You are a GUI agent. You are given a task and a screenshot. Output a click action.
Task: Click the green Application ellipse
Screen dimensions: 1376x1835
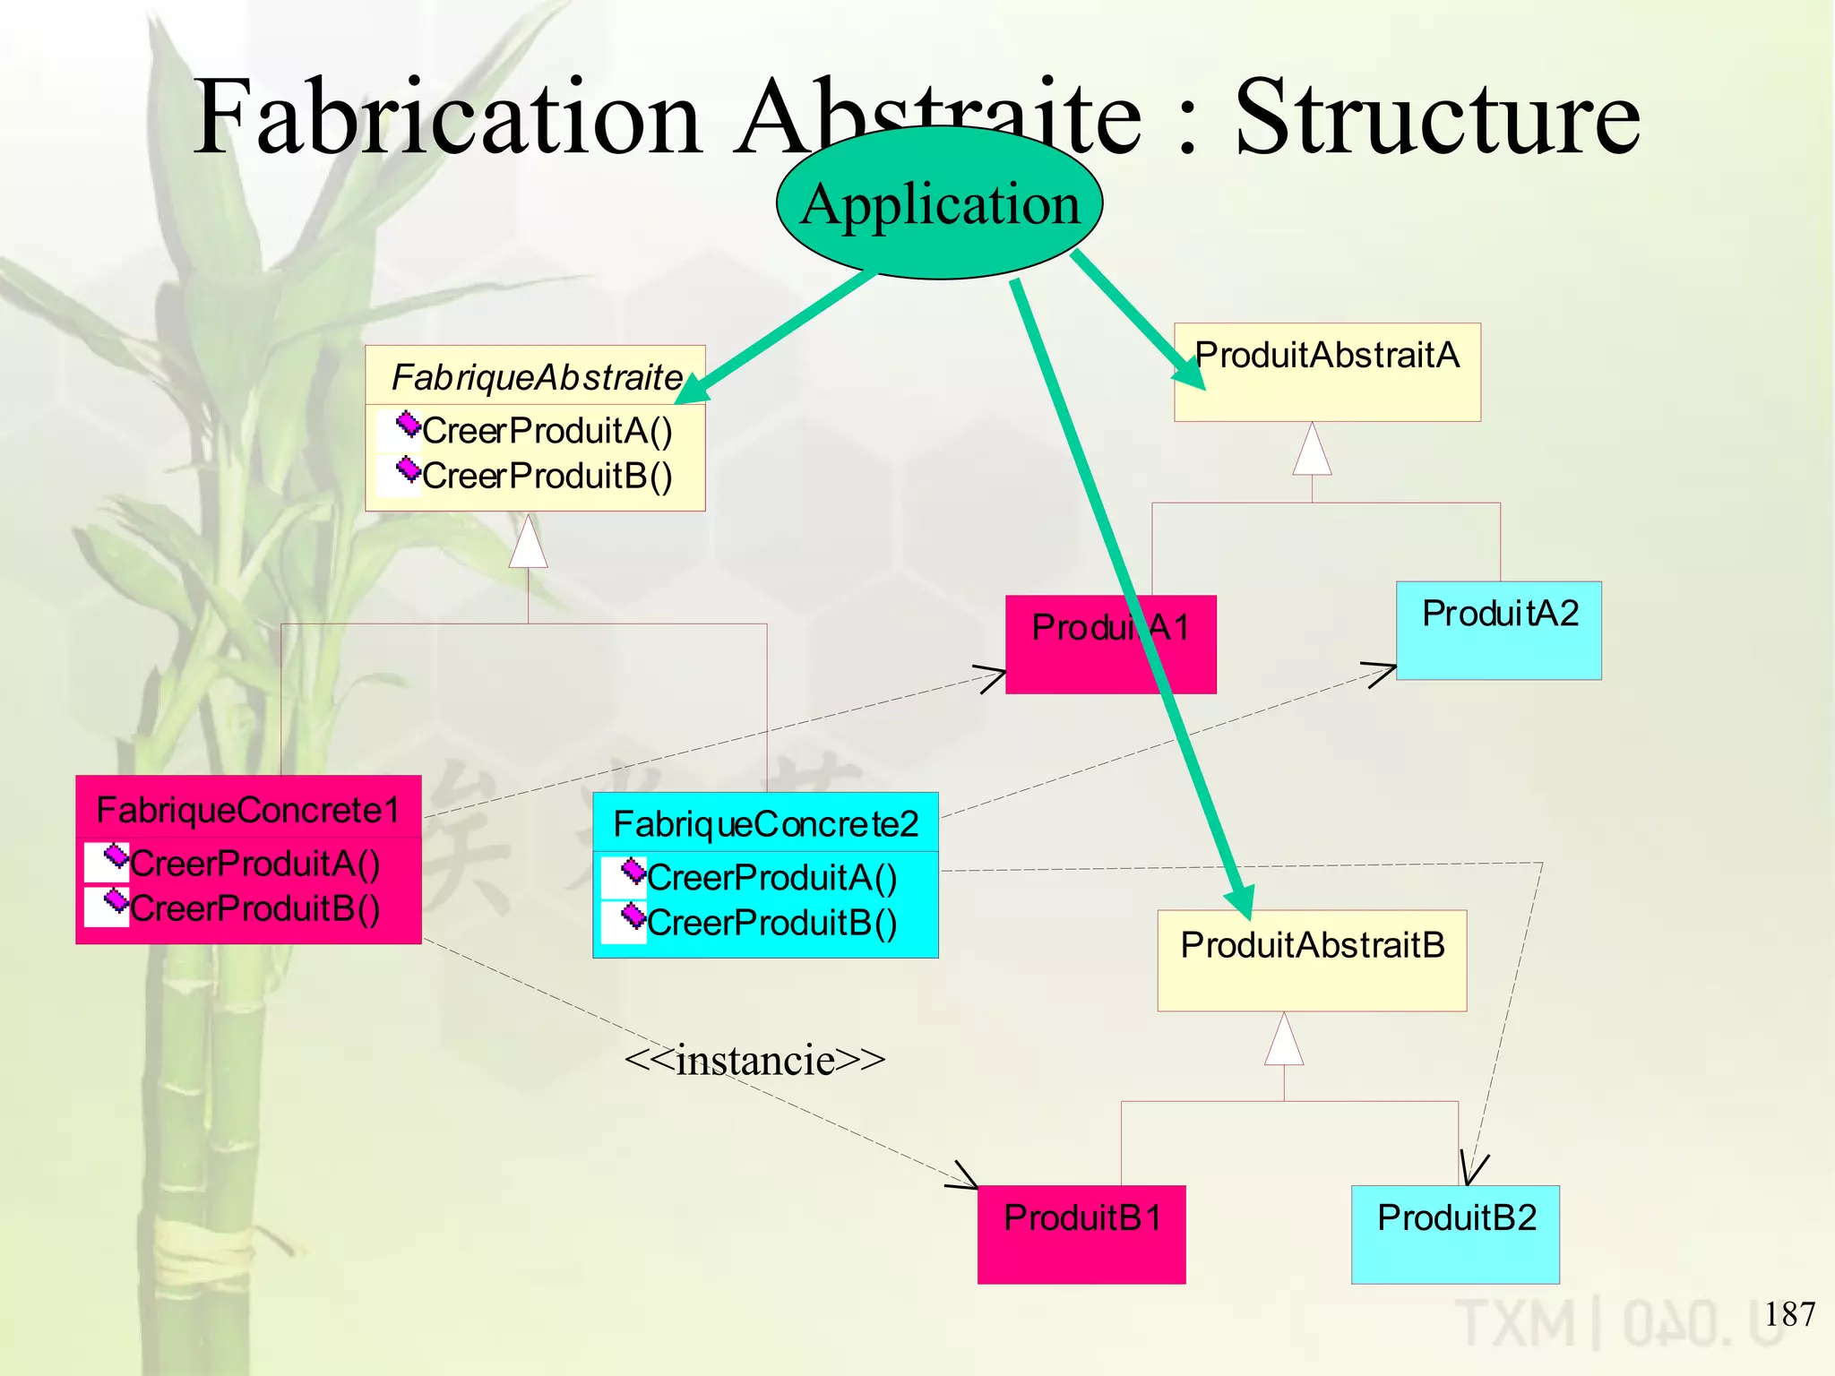point(939,203)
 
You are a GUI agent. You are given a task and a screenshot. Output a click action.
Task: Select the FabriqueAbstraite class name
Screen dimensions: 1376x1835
point(536,377)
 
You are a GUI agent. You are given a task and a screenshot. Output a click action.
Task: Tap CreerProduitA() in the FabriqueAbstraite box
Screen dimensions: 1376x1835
point(547,431)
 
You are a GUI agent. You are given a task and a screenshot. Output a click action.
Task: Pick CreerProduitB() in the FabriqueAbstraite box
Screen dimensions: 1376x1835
point(547,476)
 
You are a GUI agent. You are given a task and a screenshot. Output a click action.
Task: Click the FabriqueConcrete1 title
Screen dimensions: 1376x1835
point(248,809)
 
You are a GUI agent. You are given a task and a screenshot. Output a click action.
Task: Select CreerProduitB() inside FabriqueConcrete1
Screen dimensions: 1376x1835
point(254,908)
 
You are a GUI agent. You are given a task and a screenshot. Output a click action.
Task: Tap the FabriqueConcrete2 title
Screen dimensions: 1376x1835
point(765,823)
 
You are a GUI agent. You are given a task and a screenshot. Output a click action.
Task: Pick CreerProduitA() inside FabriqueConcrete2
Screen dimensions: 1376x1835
point(771,877)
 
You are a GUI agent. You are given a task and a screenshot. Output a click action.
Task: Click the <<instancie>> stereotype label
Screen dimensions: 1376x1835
point(754,1060)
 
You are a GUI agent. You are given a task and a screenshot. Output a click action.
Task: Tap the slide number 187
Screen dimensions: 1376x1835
point(1789,1314)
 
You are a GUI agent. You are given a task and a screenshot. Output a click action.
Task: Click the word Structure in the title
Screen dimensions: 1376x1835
point(1437,117)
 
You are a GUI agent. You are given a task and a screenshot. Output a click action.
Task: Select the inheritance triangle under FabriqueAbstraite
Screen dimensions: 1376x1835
point(529,543)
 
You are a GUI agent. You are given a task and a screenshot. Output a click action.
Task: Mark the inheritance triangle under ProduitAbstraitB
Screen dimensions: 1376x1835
point(1284,1040)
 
